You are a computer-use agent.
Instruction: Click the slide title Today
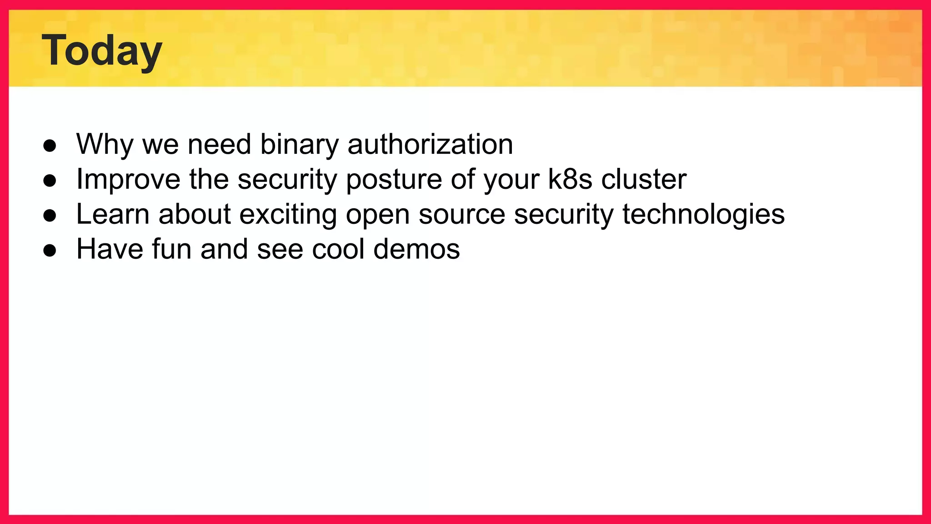click(x=102, y=51)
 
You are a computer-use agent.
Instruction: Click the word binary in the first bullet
click(x=299, y=145)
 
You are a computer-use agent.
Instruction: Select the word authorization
click(x=430, y=145)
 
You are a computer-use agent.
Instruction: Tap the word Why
click(x=105, y=145)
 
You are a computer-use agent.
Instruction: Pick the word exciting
click(x=288, y=214)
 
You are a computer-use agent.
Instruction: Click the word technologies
click(x=703, y=214)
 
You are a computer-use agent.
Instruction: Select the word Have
click(x=110, y=249)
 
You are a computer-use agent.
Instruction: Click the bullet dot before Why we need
click(x=50, y=146)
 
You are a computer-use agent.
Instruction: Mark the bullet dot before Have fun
click(x=50, y=251)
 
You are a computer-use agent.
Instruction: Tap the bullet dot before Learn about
click(x=50, y=216)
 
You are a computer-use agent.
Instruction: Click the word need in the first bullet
click(x=219, y=145)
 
